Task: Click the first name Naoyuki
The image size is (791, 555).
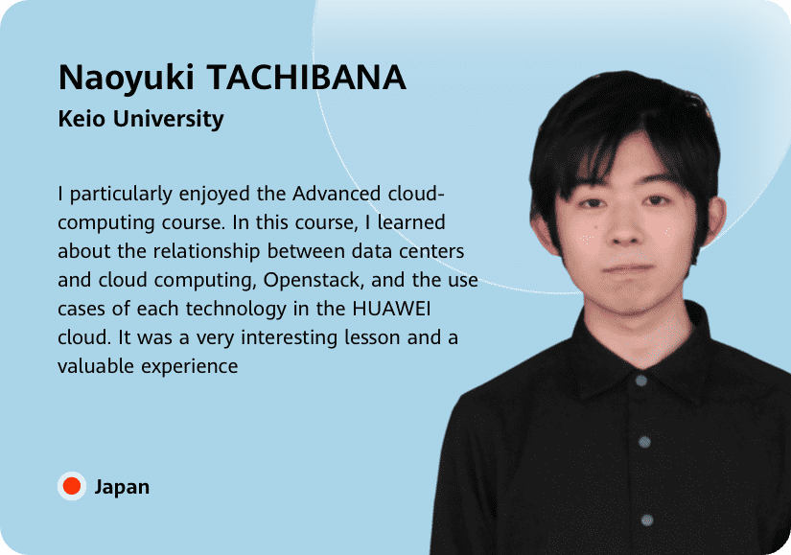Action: coord(127,79)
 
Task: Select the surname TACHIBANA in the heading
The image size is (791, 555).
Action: coord(307,78)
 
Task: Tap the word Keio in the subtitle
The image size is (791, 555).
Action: coord(81,119)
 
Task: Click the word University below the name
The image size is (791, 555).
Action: coord(168,120)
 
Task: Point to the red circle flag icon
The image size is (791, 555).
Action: coord(72,486)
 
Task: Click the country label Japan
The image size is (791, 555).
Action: coord(122,487)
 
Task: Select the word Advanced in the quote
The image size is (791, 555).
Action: coord(337,194)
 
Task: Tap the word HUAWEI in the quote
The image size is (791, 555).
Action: coord(391,309)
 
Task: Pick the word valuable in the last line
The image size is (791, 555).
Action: coord(96,366)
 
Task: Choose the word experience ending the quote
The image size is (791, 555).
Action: coord(190,367)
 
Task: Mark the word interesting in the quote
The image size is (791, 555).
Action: coord(289,338)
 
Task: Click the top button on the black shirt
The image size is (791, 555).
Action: coord(641,381)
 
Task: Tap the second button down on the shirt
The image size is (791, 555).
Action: coord(644,443)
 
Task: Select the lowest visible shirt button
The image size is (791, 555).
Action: coord(647,520)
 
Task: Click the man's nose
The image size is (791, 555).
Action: coord(625,227)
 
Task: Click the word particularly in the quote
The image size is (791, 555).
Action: coord(121,195)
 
